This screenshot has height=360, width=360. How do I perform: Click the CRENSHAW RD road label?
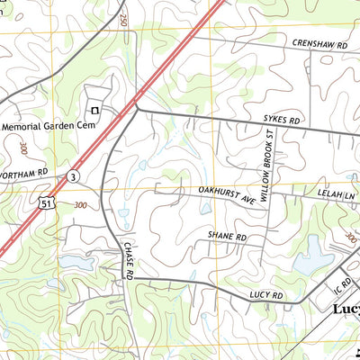pos(313,43)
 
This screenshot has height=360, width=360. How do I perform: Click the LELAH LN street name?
pos(337,193)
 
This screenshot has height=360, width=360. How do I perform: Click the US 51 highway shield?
pos(56,205)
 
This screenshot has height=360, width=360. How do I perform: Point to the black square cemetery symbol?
pos(94,111)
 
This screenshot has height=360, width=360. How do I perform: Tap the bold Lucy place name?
pos(346,310)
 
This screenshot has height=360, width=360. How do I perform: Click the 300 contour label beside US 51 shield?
pos(81,205)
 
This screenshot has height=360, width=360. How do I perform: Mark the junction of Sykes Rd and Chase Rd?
pos(137,109)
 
